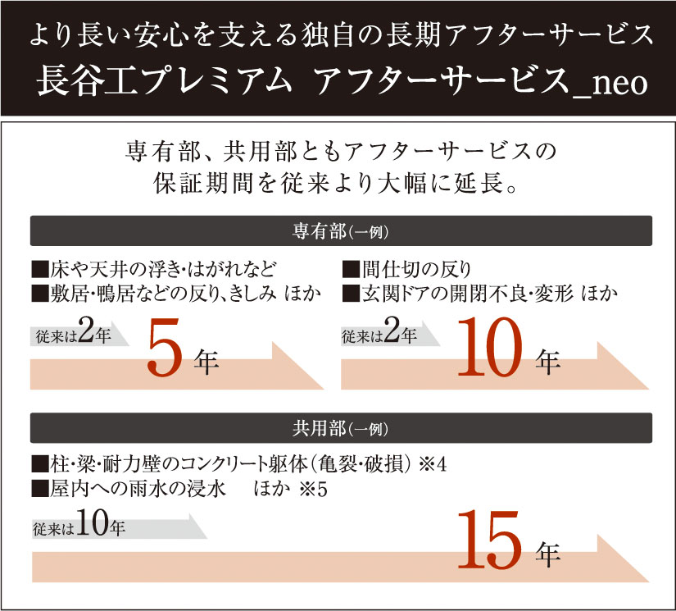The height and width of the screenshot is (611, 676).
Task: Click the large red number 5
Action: tap(167, 348)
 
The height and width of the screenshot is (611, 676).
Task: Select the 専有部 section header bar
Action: tap(341, 230)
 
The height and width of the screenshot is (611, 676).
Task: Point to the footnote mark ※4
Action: tap(430, 464)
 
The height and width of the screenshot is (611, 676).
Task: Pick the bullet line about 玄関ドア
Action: tap(479, 292)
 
